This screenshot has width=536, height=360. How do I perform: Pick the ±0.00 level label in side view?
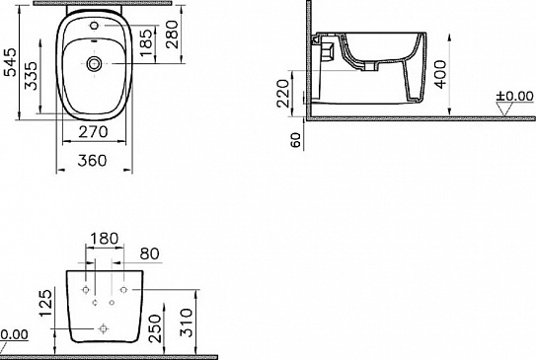(x=514, y=96)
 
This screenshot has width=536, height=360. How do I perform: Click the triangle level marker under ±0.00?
(x=505, y=109)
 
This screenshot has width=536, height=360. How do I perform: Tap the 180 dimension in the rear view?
(x=104, y=237)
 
